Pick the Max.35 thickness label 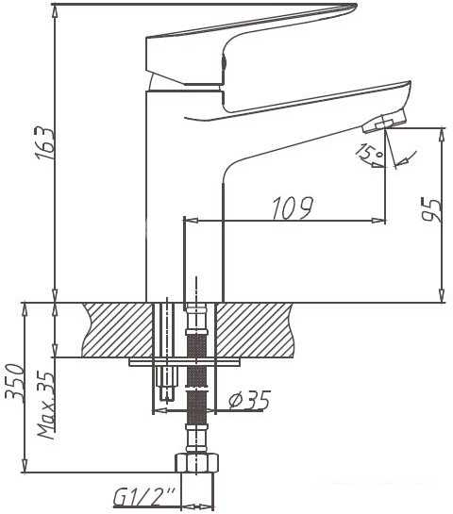[x=44, y=405]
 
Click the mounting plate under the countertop [x=184, y=361]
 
